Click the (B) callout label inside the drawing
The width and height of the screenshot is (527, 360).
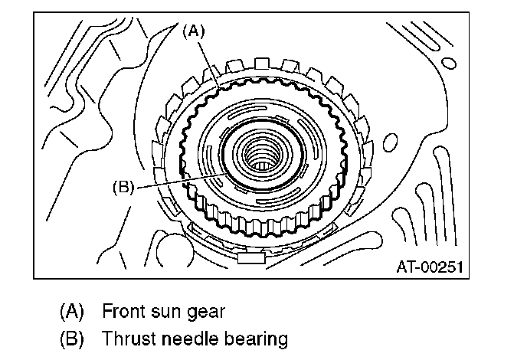(x=123, y=185)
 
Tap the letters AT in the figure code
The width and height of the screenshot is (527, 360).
(x=407, y=267)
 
